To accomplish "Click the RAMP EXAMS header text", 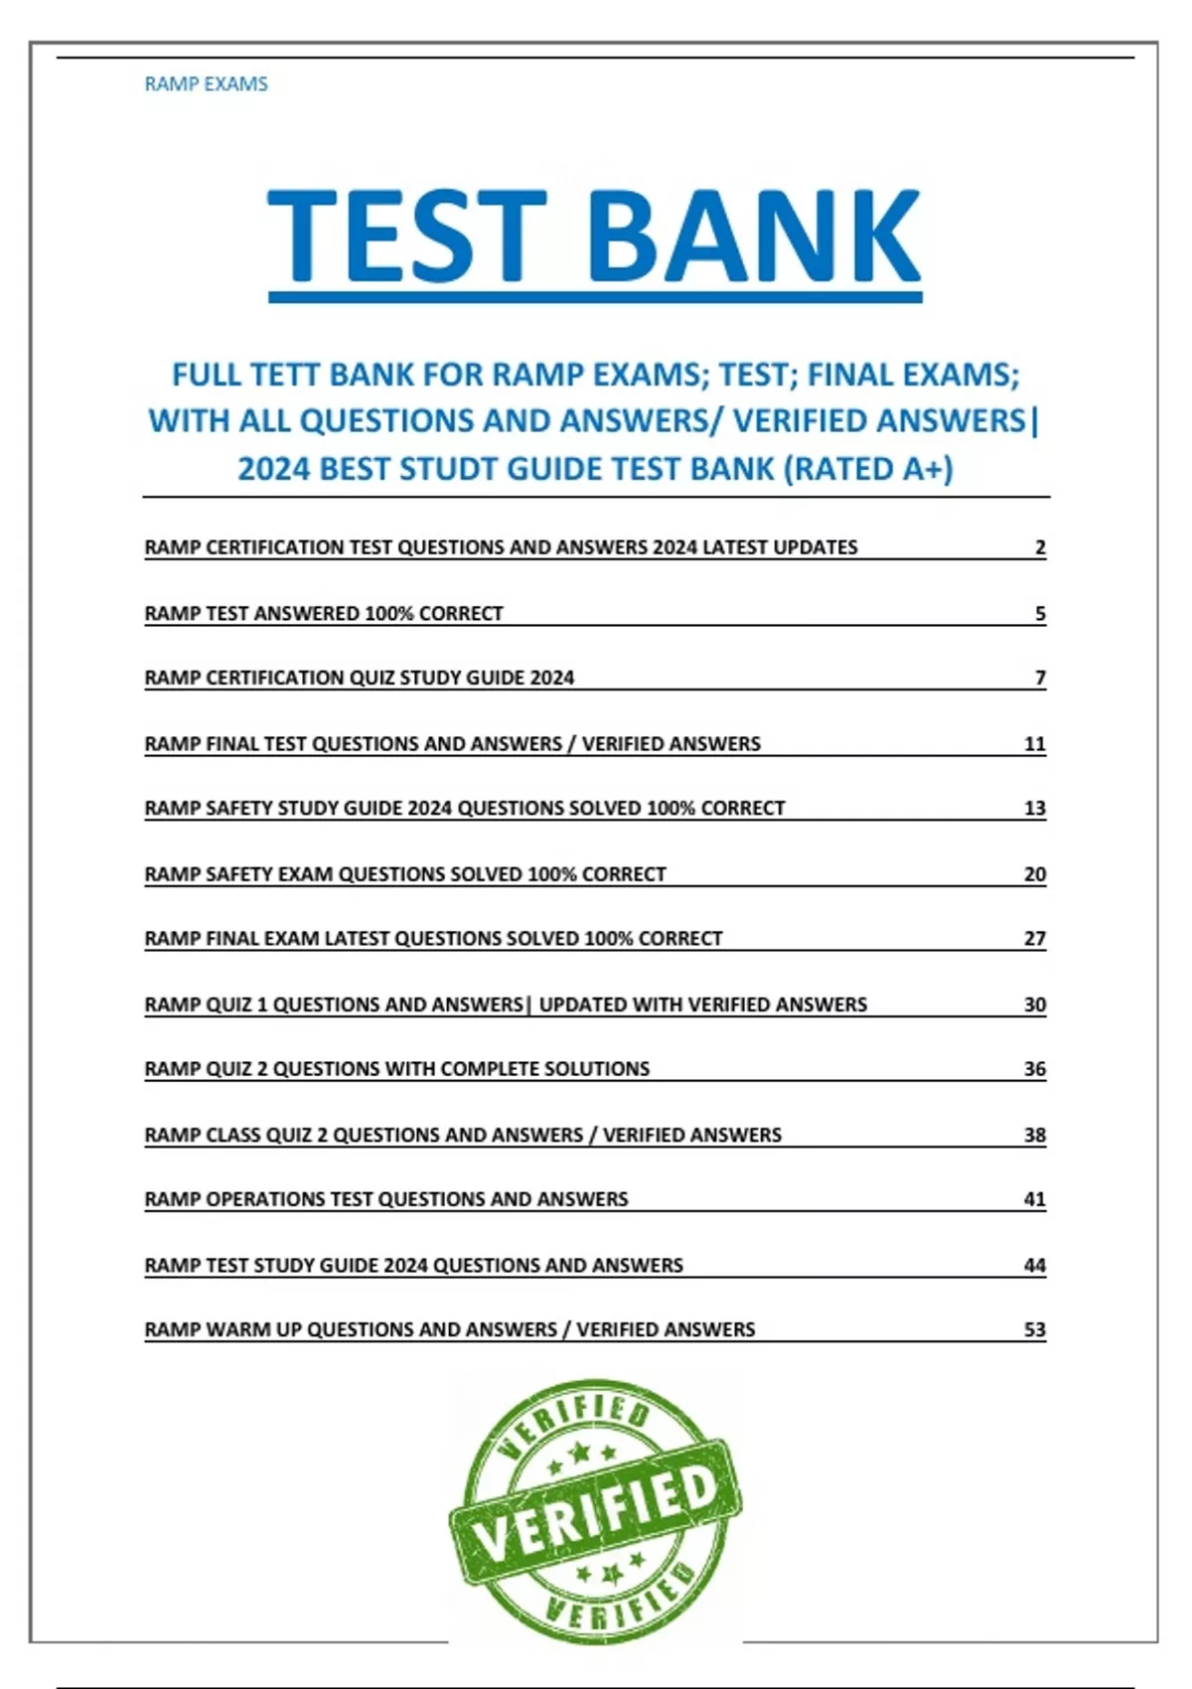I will point(206,84).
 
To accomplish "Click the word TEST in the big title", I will point(407,237).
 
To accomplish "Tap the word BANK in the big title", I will point(755,237).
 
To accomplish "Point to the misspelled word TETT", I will point(284,376).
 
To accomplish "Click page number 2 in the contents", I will point(1040,547).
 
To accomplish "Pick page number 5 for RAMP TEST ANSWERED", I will point(1040,614).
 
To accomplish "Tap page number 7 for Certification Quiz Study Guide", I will point(1040,679).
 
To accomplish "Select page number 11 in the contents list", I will point(1034,744).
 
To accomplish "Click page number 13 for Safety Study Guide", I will point(1034,809).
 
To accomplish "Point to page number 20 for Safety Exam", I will point(1034,874).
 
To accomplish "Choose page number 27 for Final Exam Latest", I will point(1034,939).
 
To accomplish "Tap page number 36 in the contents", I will point(1034,1069).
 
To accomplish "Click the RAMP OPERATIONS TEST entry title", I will point(386,1199).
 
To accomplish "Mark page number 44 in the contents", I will point(1034,1266).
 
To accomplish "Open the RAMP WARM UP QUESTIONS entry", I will point(450,1329).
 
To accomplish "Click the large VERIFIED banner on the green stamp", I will point(596,1513).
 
